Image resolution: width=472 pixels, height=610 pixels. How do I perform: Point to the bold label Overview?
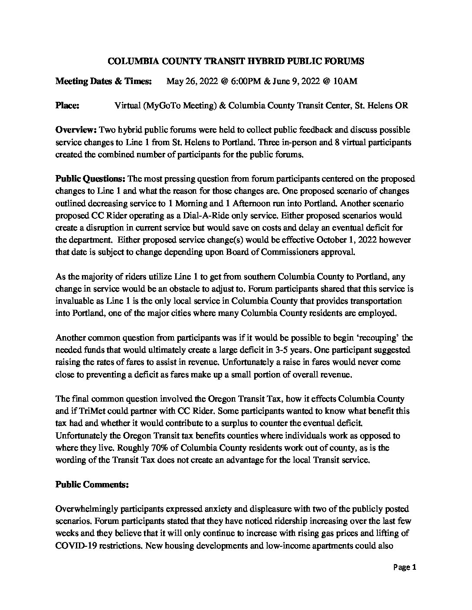pyautogui.click(x=76, y=130)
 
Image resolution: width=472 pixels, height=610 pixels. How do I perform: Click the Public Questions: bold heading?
pyautogui.click(x=90, y=178)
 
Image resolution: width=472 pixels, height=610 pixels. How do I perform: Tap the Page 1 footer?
pyautogui.click(x=405, y=567)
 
